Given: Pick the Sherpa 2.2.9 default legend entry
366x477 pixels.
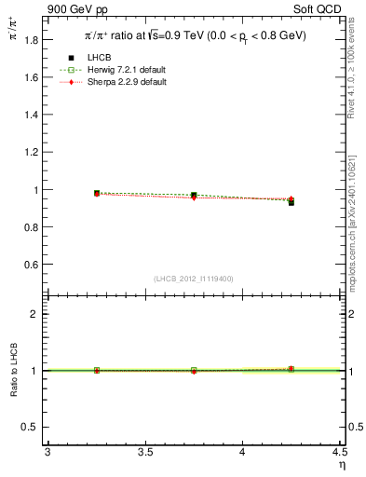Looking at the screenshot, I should pos(123,82).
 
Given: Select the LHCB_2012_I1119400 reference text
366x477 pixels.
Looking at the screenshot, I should pos(194,279).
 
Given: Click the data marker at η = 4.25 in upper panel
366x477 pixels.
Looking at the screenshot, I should pos(291,202).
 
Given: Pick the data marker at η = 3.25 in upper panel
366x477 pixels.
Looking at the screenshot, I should pos(97,193).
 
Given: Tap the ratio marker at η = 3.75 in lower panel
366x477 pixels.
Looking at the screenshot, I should pos(194,370).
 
